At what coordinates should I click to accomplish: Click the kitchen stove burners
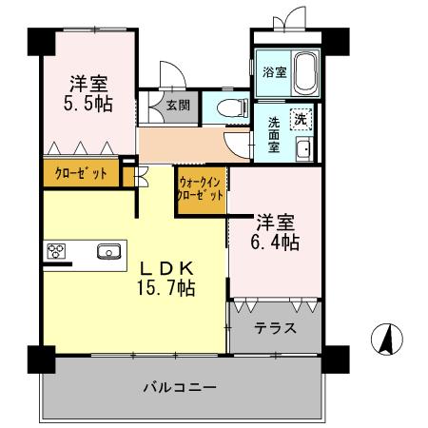56,252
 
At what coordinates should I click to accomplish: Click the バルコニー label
181,387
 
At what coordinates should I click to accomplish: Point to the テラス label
275,328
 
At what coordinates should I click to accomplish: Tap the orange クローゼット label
80,174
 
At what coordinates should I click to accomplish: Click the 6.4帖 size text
276,243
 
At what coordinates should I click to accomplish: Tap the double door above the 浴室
282,21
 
